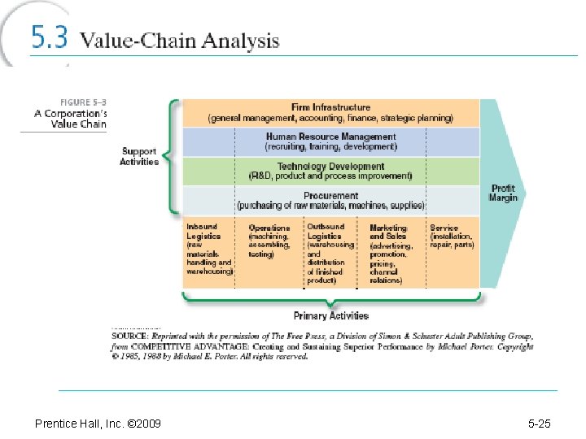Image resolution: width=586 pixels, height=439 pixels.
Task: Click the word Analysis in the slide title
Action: click(242, 41)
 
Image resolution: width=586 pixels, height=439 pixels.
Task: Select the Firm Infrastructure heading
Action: click(330, 107)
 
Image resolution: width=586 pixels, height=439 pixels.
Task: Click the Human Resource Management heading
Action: click(330, 137)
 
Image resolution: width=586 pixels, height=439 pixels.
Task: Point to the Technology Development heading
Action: click(330, 166)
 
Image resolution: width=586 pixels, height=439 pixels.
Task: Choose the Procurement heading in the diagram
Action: click(330, 195)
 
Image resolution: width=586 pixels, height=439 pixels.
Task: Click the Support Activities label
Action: click(139, 156)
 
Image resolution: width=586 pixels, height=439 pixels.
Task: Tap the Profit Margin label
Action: click(503, 193)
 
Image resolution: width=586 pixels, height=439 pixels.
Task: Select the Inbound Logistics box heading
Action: click(203, 231)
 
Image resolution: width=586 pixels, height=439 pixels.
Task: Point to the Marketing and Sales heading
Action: click(387, 232)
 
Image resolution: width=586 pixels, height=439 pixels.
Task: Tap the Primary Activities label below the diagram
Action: click(330, 315)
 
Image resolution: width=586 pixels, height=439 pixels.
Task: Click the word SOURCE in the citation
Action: click(130, 336)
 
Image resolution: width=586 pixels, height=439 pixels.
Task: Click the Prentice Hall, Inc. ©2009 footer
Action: click(98, 424)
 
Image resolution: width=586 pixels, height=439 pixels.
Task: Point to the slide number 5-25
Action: click(540, 424)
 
